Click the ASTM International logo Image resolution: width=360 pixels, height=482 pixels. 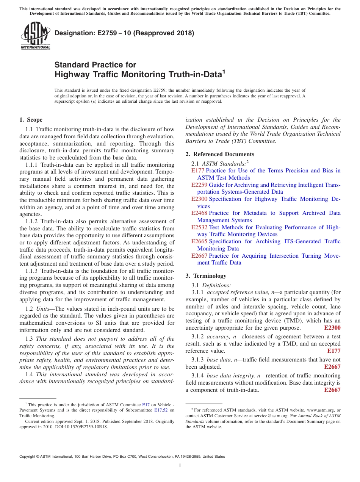tap(35, 36)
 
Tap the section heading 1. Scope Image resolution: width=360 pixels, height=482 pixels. tap(31, 120)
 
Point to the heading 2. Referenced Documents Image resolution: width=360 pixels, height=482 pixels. tap(220, 154)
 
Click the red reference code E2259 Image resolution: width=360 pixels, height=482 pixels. tap(199, 185)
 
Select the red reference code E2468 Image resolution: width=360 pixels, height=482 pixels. tap(199, 213)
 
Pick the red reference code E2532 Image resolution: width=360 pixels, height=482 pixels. tap(199, 227)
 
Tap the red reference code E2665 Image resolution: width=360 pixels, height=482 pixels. tap(199, 241)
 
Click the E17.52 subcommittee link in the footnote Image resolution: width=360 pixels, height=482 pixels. tap(161, 410)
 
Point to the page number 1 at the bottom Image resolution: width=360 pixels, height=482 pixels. tap(180, 466)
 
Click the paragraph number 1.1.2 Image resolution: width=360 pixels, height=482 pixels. tap(32, 221)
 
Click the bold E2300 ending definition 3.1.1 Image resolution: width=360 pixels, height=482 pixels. tap(332, 328)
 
